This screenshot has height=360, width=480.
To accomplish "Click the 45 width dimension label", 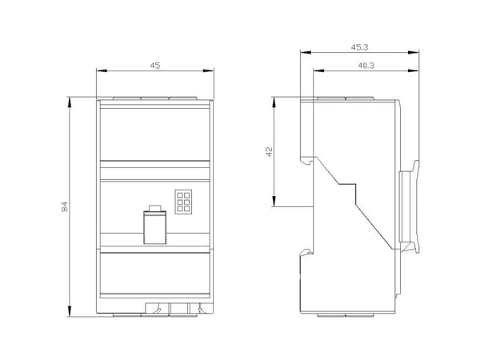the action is (x=155, y=66).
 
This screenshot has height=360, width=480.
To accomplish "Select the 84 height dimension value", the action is (x=65, y=207).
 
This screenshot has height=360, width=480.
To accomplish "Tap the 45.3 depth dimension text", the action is (x=359, y=47).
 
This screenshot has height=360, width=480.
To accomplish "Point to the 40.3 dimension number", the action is (x=366, y=66).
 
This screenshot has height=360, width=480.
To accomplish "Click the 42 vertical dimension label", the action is (x=270, y=152).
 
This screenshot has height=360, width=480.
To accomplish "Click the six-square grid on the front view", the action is (x=183, y=202).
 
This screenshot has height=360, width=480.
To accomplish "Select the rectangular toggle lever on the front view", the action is (x=155, y=227).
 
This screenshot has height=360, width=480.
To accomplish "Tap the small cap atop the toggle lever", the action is (x=155, y=208).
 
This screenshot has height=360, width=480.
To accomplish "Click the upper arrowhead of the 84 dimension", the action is (x=70, y=102).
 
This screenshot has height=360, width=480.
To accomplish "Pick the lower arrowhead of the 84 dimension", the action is (x=70, y=311).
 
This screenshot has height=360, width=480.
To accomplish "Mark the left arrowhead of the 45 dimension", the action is (x=102, y=70).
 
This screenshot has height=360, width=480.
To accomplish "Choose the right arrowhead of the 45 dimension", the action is (x=209, y=70).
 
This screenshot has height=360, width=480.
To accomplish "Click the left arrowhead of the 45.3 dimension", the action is (x=306, y=52).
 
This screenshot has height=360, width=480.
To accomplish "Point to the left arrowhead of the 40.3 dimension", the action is (x=318, y=70).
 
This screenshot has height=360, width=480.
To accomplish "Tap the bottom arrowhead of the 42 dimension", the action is (x=274, y=202).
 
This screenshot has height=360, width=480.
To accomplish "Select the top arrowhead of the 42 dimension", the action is (x=274, y=102).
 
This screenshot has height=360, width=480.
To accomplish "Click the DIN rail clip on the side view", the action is (x=410, y=206).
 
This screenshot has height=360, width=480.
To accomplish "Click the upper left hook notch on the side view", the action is (x=306, y=160).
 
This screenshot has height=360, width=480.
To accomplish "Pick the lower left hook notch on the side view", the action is (x=306, y=252).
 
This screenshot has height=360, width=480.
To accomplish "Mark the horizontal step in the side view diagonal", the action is (x=347, y=184).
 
